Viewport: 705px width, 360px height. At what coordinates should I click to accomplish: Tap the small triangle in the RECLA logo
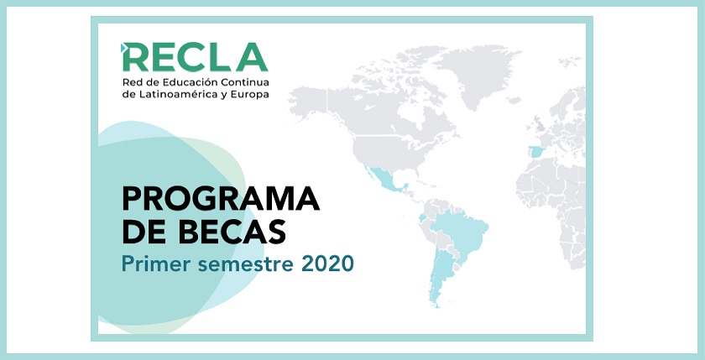coord(125,47)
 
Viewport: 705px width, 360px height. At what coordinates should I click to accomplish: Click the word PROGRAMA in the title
coord(221,200)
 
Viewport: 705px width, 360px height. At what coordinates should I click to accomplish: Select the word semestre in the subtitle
coord(238,263)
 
